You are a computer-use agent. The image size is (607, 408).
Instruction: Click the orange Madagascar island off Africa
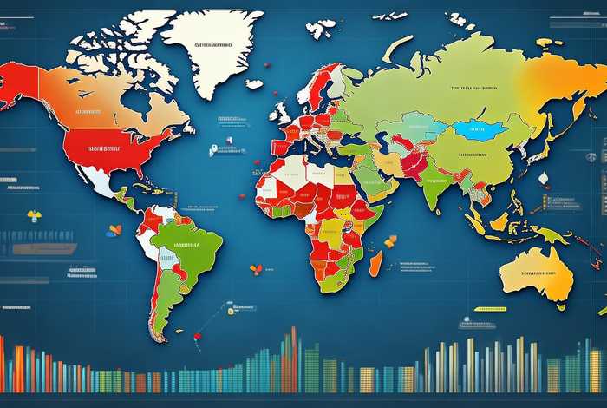376,263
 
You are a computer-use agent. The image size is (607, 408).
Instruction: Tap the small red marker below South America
198,335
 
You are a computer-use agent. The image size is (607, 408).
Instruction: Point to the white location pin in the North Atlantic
212,150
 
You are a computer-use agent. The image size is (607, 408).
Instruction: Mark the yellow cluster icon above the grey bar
35,216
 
